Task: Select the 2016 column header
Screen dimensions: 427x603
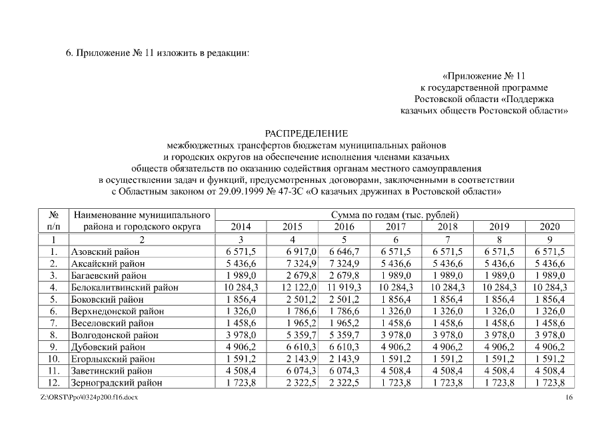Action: pos(344,227)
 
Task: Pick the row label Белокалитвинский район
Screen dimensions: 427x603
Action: pos(125,288)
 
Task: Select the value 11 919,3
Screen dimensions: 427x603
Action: pos(344,288)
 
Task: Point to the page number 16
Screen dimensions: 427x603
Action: pos(568,398)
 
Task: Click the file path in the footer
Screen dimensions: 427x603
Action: pos(89,398)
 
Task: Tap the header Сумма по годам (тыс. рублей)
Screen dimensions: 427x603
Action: pos(394,215)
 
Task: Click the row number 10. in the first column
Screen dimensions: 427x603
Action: pos(54,359)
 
